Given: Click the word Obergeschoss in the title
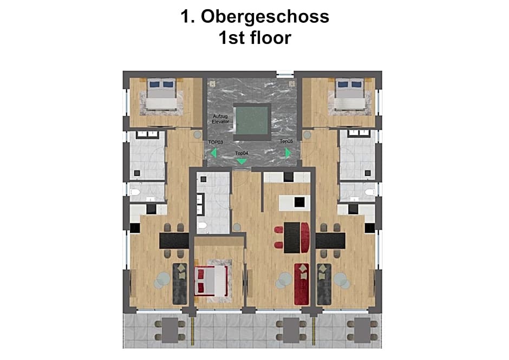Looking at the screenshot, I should point(265,17).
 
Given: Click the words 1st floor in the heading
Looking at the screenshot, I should point(255,37).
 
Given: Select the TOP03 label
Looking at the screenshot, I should point(216,142).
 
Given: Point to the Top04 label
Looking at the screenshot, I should point(242,154).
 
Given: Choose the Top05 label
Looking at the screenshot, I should point(286,142).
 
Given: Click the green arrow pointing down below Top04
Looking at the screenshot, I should point(242,161).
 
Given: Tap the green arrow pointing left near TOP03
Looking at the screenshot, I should point(213,153).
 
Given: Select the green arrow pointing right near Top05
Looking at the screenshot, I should point(288,153).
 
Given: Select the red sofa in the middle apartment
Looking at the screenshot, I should point(301,284).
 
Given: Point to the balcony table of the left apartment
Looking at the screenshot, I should point(168,329).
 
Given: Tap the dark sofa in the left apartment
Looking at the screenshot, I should point(179,283).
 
